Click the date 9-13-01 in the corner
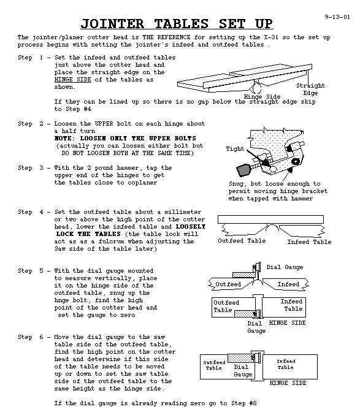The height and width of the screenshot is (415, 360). pos(337,17)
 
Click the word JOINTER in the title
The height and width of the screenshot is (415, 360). pos(112,24)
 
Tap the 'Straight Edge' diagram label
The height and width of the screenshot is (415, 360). pos(310,89)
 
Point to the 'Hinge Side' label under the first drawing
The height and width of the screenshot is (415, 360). pos(262,97)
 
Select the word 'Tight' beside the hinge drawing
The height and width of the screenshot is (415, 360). pos(235,149)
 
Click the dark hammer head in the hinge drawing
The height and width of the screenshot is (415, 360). pos(243,170)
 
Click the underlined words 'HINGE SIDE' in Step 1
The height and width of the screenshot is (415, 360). pos(73,80)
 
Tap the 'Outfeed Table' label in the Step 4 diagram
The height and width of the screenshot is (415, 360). pos(242,240)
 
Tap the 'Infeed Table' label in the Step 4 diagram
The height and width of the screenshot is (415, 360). pos(309,242)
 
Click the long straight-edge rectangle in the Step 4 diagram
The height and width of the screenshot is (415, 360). pos(270,219)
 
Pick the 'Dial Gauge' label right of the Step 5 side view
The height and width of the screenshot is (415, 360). pos(285,267)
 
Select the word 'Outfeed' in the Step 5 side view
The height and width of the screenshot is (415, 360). pos(228,284)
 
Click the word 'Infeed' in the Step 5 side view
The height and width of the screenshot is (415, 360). pos(288,284)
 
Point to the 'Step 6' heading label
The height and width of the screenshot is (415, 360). pos(31,337)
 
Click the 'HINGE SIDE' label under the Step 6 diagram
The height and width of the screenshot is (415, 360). pos(288,383)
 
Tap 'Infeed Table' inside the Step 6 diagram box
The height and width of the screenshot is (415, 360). pos(286,364)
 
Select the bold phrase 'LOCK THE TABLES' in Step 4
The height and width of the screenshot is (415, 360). pos(88,234)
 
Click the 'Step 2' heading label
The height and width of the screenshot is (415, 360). pos(31,124)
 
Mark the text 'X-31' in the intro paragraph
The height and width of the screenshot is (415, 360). pos(271,37)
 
